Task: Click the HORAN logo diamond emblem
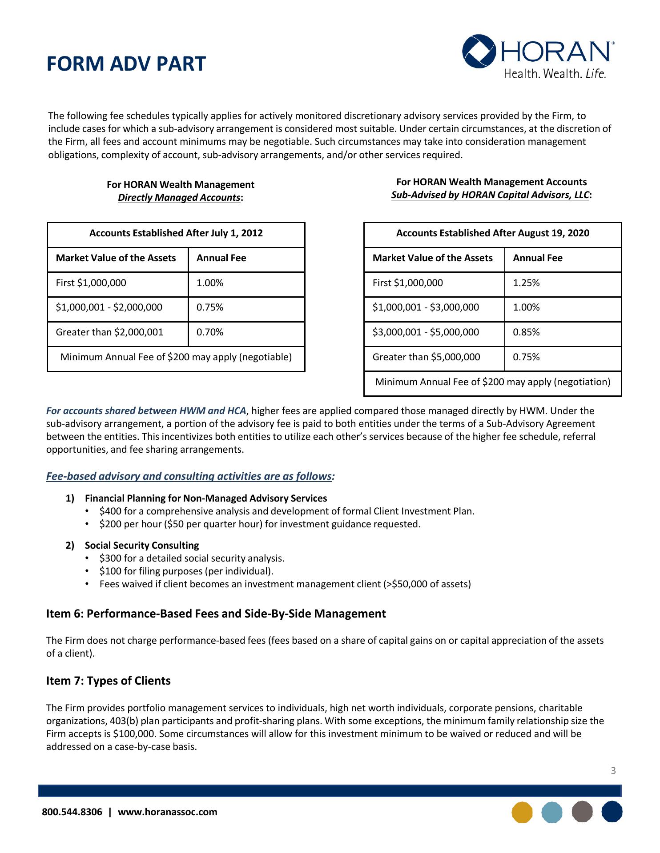click(x=479, y=52)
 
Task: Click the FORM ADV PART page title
click(x=126, y=64)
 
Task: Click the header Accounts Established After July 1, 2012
click(x=176, y=233)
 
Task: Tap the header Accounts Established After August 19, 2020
click(x=492, y=233)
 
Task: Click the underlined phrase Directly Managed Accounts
click(x=179, y=198)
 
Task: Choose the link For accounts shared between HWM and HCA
click(x=146, y=411)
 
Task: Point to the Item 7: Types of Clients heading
click(x=108, y=681)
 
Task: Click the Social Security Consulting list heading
click(x=142, y=545)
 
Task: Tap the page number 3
click(x=613, y=771)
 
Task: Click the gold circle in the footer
click(x=522, y=812)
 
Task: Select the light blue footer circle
click(x=552, y=812)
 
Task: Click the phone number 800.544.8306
click(x=72, y=812)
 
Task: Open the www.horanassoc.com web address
click(x=168, y=812)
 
